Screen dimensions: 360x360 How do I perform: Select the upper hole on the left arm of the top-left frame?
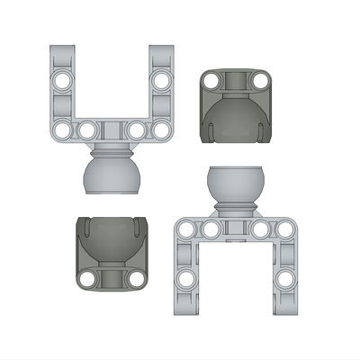click(x=62, y=81)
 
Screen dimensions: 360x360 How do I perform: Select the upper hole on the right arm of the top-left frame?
click(x=162, y=81)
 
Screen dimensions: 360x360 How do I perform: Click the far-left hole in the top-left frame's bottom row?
click(x=62, y=131)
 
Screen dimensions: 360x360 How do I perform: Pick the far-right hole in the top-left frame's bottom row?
click(x=162, y=131)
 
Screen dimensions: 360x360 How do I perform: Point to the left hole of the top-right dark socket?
click(x=211, y=82)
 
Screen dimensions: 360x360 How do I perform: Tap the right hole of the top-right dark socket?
click(x=260, y=82)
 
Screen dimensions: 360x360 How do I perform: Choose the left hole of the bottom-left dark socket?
click(x=87, y=278)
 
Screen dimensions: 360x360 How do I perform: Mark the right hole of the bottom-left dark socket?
click(x=136, y=278)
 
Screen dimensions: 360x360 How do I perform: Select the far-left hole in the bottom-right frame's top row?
click(x=186, y=229)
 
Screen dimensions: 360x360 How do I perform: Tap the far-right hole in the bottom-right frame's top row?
click(x=286, y=229)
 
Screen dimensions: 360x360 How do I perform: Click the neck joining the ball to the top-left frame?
click(x=112, y=148)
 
